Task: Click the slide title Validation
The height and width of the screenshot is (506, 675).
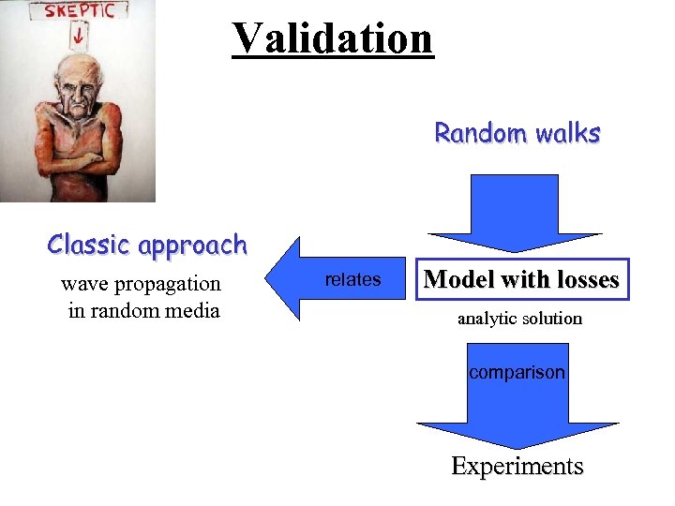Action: [x=333, y=37]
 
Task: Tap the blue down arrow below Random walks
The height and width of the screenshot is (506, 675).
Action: [x=515, y=216]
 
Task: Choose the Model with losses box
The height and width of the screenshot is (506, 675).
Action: [x=521, y=279]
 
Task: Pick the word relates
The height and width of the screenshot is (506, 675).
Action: [x=352, y=279]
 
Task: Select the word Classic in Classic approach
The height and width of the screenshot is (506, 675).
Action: [x=90, y=245]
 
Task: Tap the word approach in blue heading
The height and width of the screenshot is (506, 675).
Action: [x=191, y=246]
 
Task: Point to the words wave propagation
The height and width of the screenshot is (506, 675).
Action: [x=141, y=283]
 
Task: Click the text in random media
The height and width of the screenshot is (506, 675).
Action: [x=143, y=310]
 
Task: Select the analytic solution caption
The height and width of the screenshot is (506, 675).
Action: [x=519, y=319]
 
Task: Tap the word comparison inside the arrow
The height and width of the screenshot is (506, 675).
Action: [x=517, y=372]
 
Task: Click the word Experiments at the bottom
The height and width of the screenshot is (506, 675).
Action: [x=517, y=466]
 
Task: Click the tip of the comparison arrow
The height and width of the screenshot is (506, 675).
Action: [x=517, y=445]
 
